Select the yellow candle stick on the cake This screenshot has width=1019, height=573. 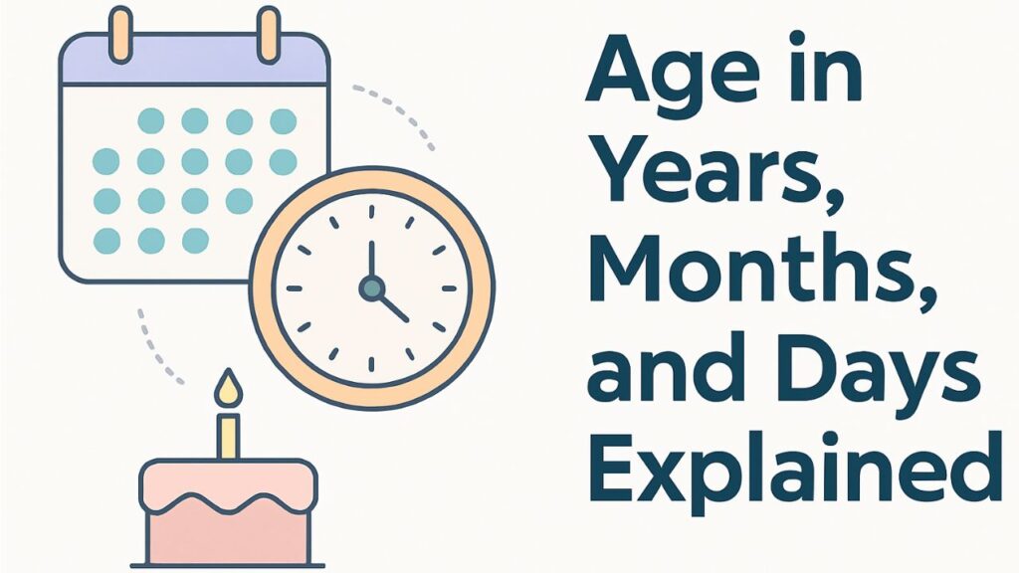tap(229, 436)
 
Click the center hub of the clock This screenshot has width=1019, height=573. tap(371, 287)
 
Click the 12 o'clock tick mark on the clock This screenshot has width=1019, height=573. tap(371, 212)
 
